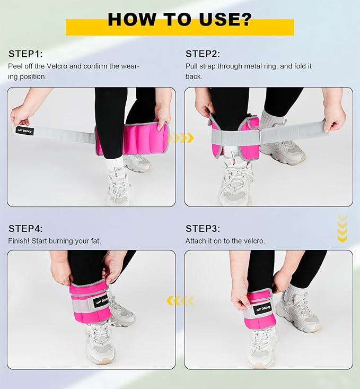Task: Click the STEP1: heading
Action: point(25,54)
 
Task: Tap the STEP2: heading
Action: point(203,54)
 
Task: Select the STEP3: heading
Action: point(203,229)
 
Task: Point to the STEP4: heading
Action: point(25,229)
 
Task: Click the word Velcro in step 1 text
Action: point(57,66)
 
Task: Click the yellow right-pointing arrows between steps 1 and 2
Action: point(181,137)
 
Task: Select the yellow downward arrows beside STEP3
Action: point(342,229)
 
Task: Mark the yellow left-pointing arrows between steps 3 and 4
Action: point(180,301)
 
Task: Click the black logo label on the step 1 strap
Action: point(24,131)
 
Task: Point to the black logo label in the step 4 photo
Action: point(101,301)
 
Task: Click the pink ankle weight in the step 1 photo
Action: point(133,139)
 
